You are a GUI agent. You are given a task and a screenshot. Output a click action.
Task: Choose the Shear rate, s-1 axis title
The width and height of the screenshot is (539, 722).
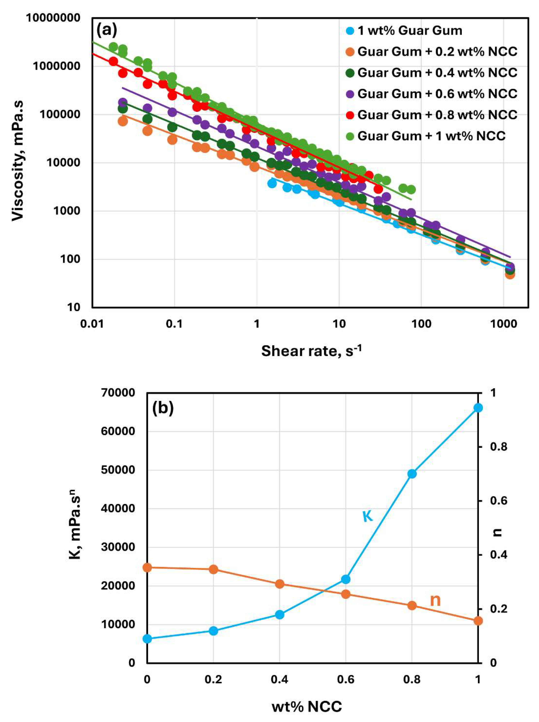tap(311, 351)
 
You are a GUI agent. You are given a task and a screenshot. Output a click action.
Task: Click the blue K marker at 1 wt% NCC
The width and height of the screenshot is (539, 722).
tap(478, 408)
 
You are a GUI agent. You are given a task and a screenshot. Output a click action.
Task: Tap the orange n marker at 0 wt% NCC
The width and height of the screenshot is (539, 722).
tap(147, 567)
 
